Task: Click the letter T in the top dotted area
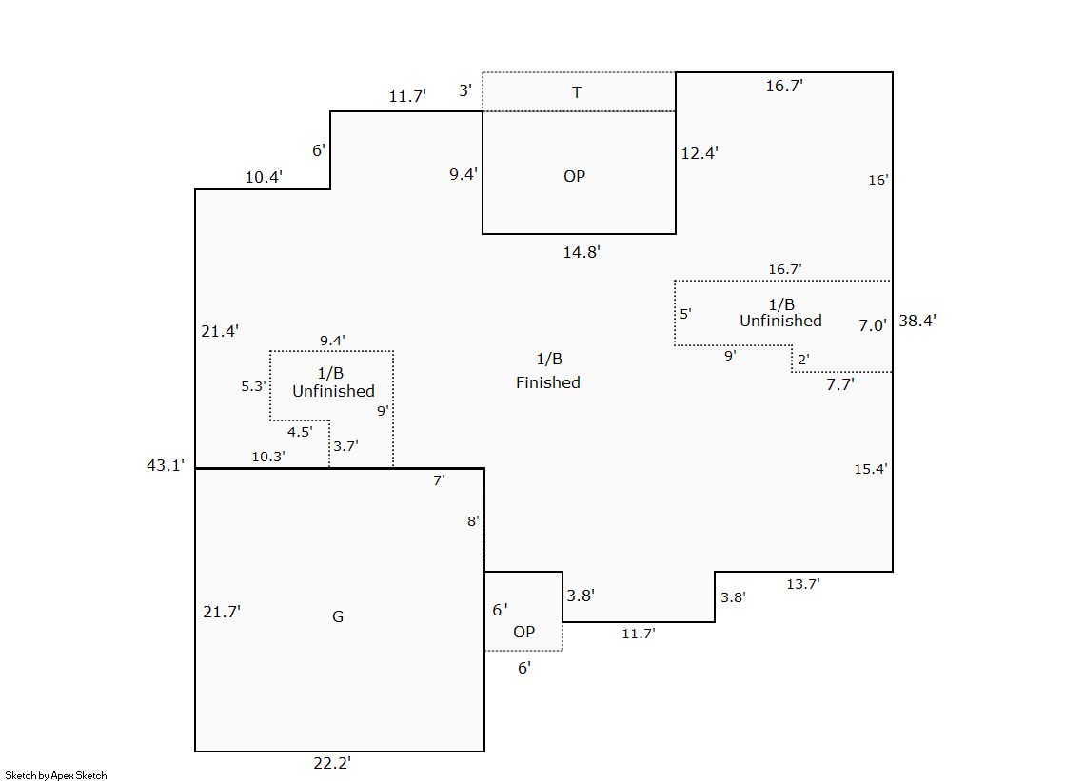(577, 92)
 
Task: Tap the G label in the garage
(338, 616)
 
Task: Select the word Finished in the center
(548, 382)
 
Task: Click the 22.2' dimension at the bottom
(332, 763)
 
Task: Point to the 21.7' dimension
(222, 612)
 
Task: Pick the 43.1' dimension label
(165, 464)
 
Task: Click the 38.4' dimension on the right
(917, 321)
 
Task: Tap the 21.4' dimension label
(220, 331)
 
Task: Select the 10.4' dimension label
(264, 176)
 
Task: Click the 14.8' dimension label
(582, 252)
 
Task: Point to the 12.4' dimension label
(700, 152)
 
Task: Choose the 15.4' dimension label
(871, 469)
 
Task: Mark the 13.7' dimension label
(802, 584)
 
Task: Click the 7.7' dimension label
(839, 384)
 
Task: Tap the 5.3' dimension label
(253, 386)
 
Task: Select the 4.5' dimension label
(300, 431)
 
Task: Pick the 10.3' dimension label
(268, 457)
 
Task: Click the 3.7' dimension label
(345, 445)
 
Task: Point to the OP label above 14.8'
(574, 176)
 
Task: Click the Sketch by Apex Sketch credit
(56, 775)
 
